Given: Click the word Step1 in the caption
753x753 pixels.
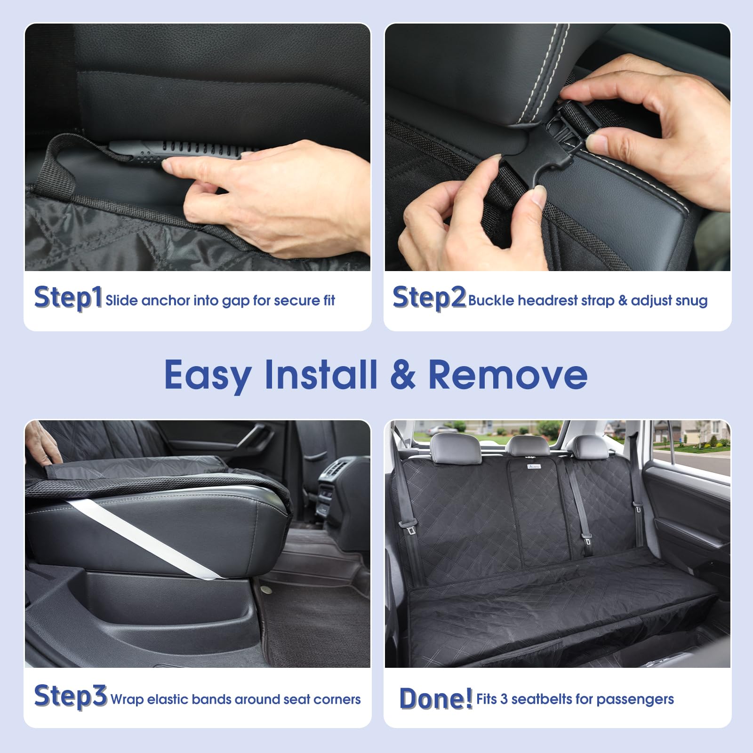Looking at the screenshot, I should click(x=68, y=297).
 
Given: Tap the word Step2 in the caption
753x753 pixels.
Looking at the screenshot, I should click(x=429, y=297).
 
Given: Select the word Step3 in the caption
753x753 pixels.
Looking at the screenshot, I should click(x=71, y=696).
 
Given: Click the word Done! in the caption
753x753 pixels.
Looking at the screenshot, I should click(x=435, y=698).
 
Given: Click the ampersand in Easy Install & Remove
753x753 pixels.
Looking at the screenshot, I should click(x=402, y=375).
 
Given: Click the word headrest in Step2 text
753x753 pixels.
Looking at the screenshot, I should click(x=547, y=300).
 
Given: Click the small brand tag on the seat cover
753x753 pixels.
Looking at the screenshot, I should click(x=533, y=466).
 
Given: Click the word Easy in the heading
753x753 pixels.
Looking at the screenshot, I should click(x=208, y=376).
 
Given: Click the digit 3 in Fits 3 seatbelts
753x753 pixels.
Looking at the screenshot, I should click(x=504, y=699).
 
